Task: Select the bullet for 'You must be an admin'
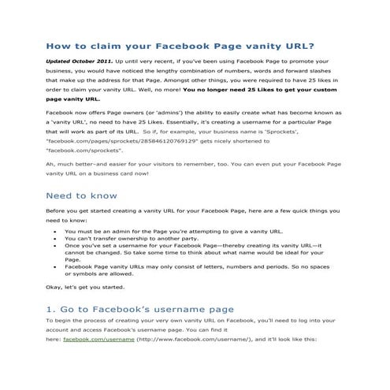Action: [53, 232]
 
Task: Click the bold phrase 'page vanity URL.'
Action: [73, 100]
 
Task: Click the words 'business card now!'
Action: [130, 176]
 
